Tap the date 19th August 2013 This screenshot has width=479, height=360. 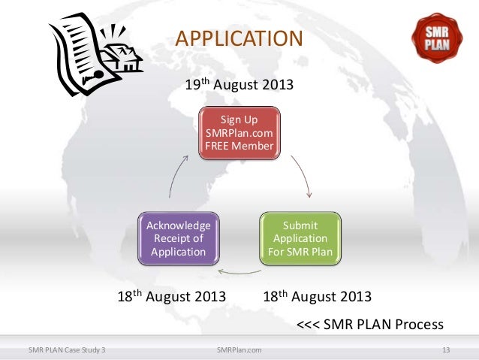click(x=239, y=84)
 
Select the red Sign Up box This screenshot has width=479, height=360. click(x=239, y=133)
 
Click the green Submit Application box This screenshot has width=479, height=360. click(x=300, y=238)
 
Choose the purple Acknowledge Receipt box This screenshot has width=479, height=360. click(x=179, y=238)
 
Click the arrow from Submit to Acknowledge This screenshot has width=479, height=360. click(x=239, y=272)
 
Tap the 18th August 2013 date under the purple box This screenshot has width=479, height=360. click(x=172, y=296)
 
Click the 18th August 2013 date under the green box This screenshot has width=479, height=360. click(x=318, y=296)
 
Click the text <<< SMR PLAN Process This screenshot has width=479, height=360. click(x=370, y=325)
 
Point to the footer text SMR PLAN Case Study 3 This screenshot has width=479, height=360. click(x=66, y=349)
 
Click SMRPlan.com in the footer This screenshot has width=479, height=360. click(x=239, y=349)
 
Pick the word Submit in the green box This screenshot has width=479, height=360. click(x=300, y=225)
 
